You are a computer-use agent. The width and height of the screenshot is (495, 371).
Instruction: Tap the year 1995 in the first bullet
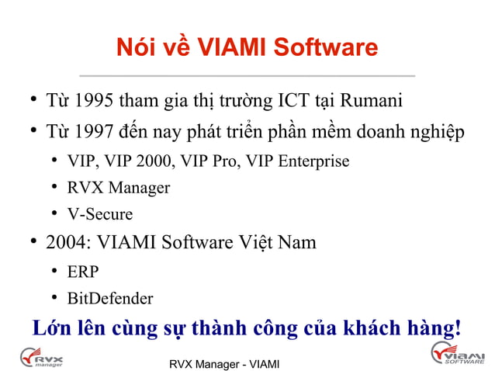[x=96, y=102]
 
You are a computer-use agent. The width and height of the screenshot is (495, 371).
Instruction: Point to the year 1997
[x=96, y=132]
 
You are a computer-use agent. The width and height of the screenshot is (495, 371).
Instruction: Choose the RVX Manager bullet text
[x=118, y=188]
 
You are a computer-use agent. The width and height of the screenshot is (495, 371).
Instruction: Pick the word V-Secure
[x=100, y=214]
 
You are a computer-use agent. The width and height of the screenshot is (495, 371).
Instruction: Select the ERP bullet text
[x=83, y=272]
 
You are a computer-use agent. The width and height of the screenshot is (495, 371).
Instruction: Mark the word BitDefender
[x=110, y=298]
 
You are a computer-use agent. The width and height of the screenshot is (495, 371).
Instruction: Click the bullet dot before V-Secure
[x=56, y=214]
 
